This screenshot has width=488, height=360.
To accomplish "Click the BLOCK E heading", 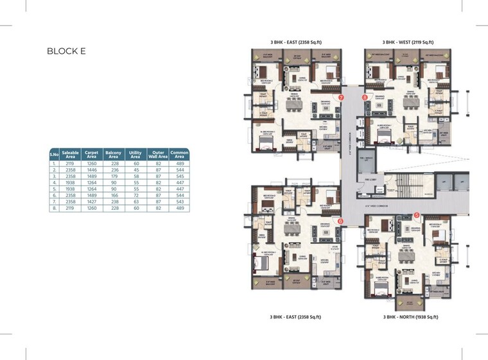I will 66,51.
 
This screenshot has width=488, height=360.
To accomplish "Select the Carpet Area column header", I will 92,154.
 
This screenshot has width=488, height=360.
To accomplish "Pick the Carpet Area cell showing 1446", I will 92,170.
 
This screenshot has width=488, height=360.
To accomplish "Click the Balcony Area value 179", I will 113,176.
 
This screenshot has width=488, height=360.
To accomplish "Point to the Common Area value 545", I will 179,176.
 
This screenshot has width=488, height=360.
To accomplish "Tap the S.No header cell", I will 55,154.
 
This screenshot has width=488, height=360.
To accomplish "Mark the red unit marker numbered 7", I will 341,98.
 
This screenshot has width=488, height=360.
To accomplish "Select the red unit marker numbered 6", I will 340,221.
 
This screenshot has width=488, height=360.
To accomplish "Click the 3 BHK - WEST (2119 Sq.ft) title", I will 408,42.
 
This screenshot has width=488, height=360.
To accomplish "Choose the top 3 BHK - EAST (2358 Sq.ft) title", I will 296,42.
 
